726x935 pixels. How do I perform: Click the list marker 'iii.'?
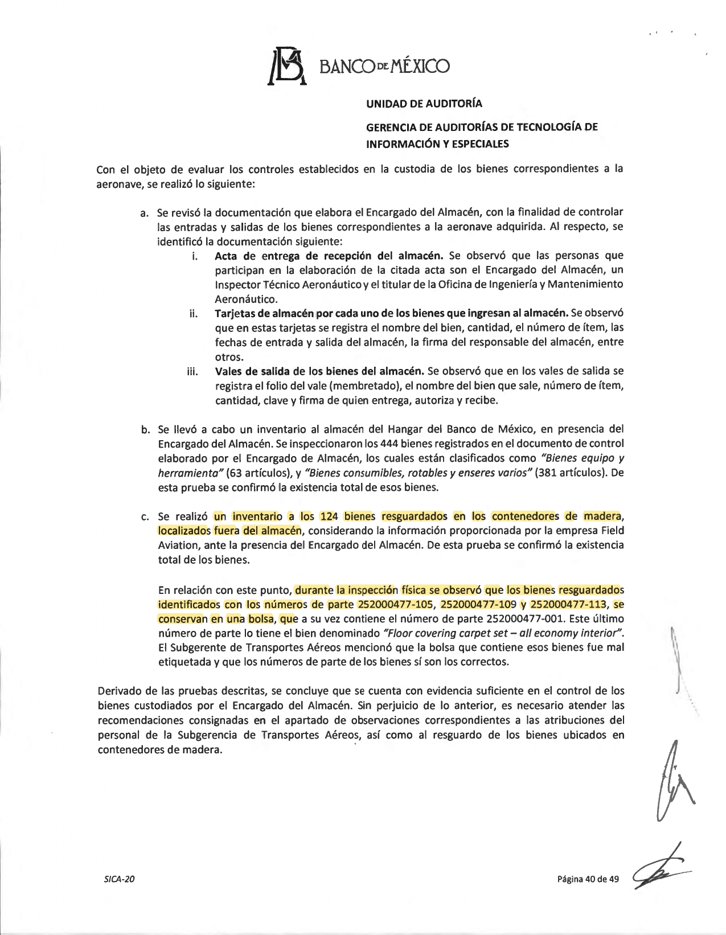[x=192, y=372]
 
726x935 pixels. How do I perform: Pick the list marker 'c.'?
[x=145, y=516]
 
